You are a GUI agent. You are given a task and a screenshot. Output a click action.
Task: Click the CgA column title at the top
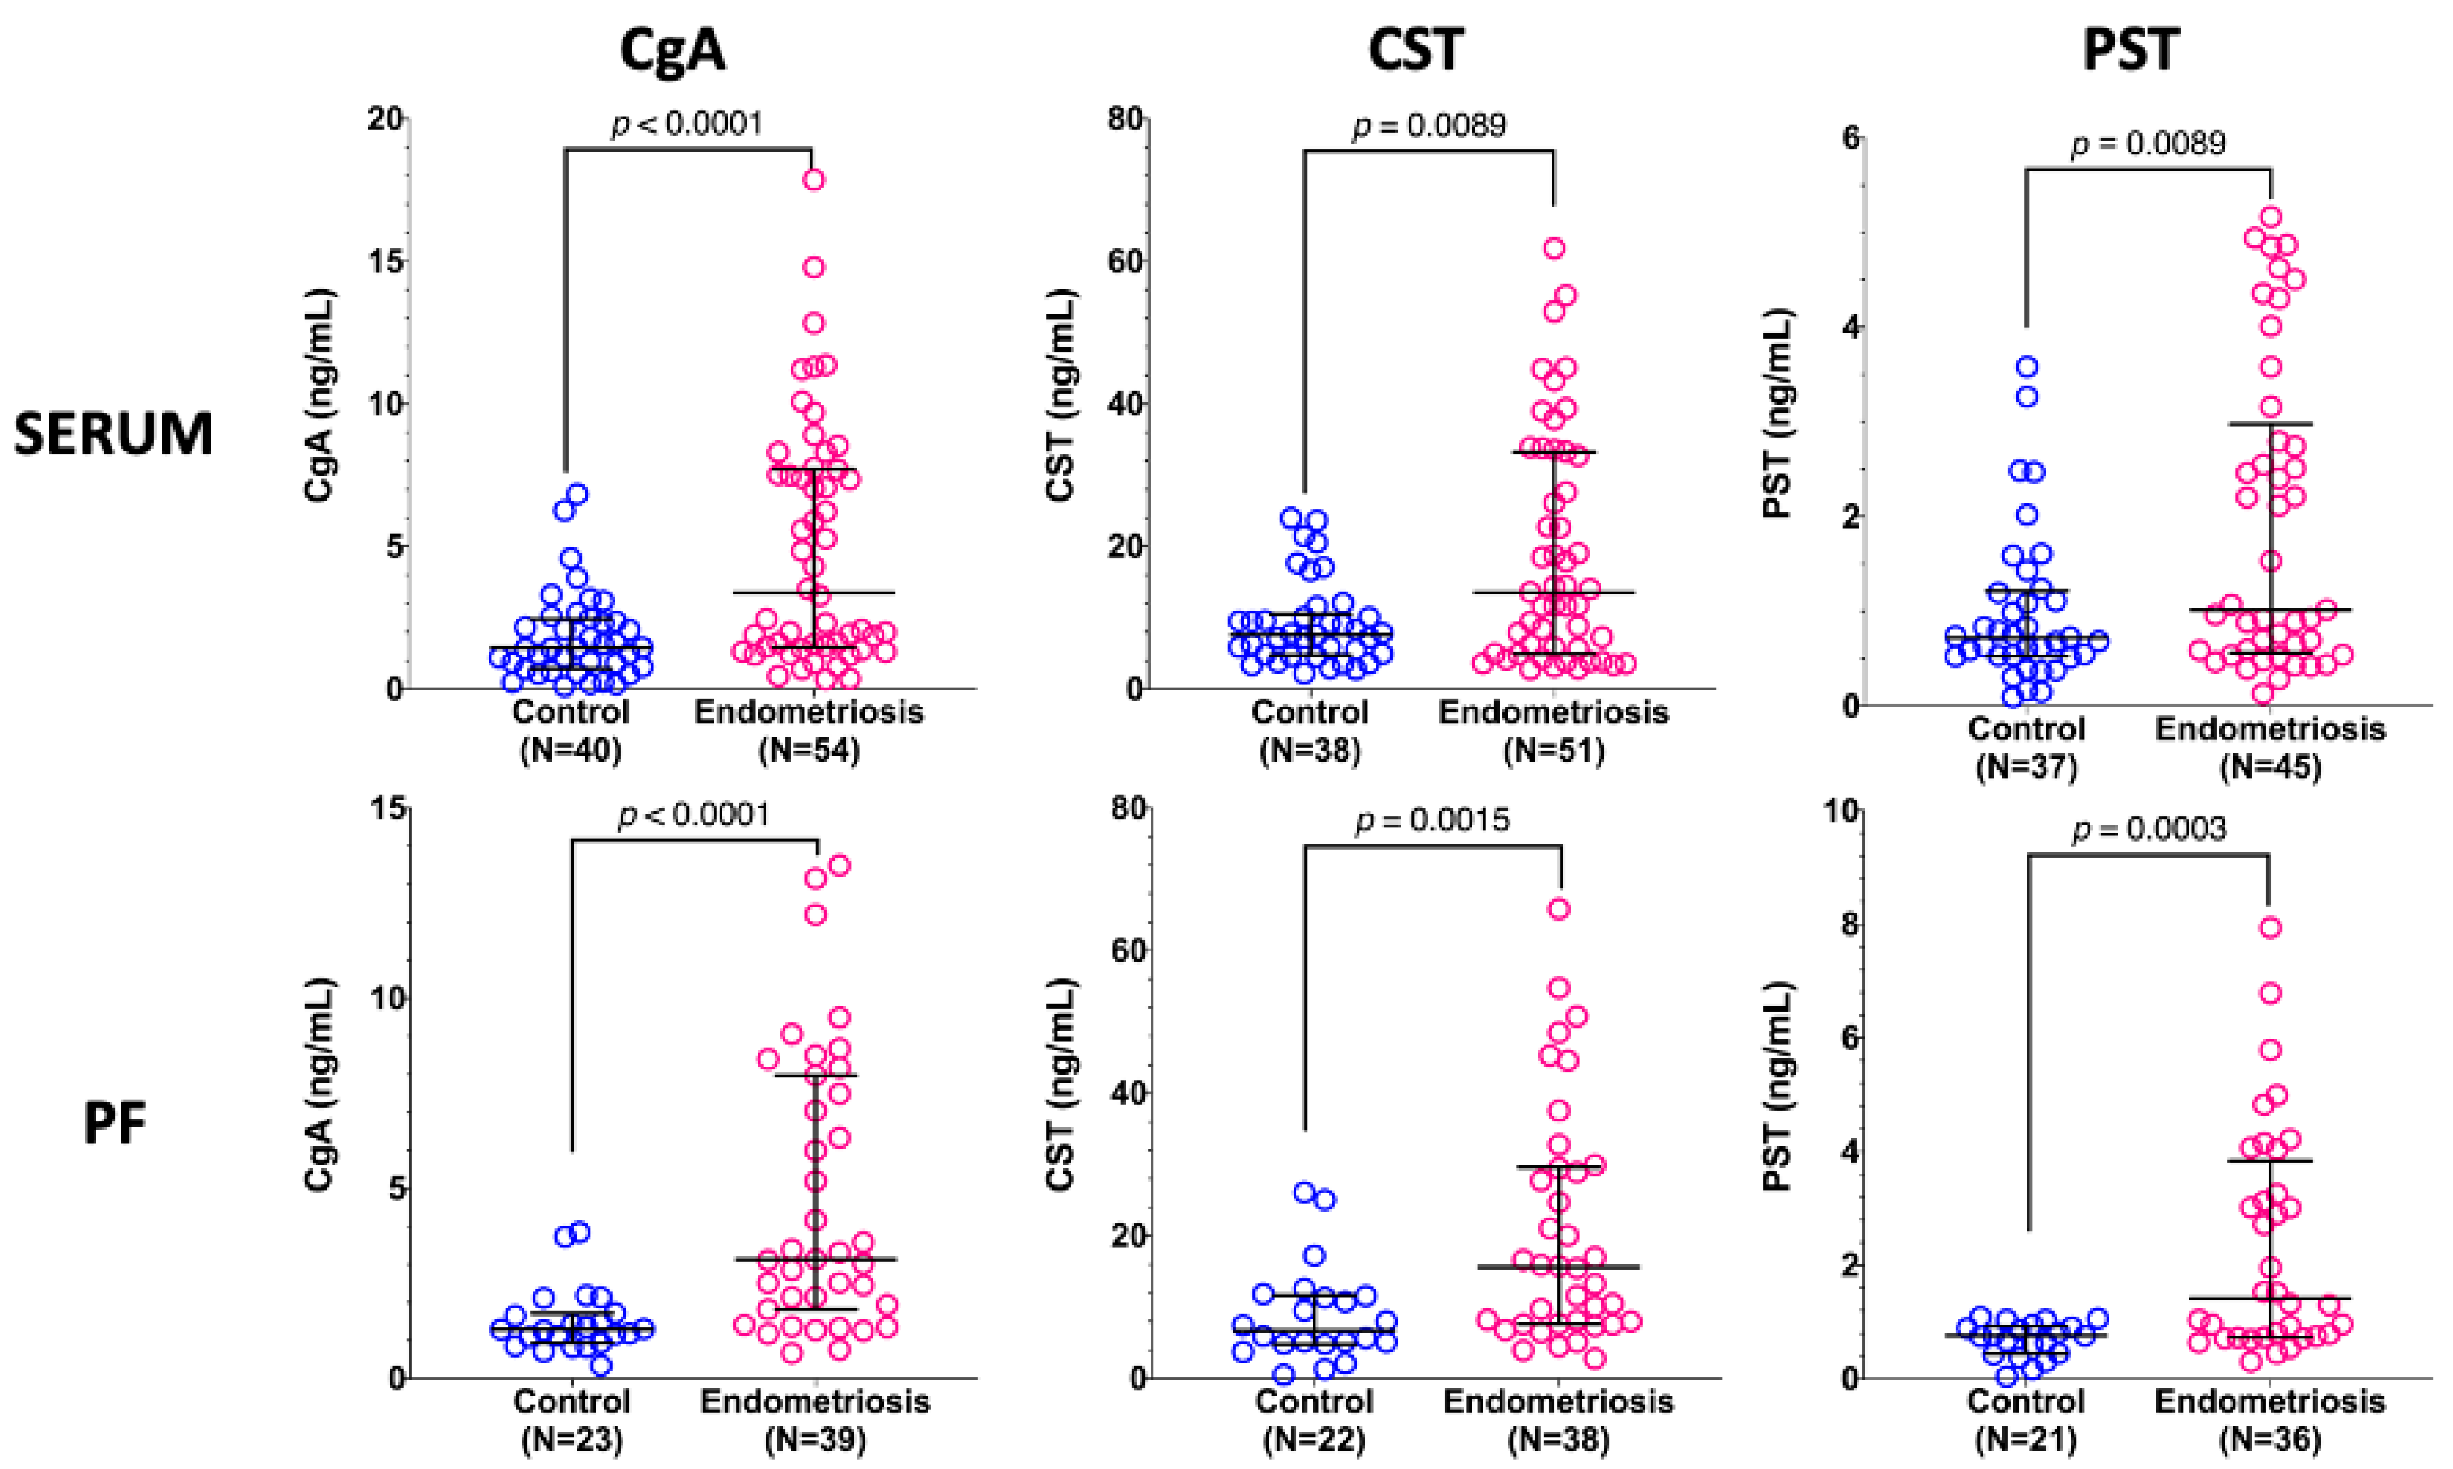672,49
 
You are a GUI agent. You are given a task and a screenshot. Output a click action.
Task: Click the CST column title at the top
1415,49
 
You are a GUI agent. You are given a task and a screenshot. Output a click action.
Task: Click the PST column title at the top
2131,49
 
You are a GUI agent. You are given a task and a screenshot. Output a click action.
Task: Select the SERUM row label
114,434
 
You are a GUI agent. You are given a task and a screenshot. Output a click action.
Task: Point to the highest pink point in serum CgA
814,179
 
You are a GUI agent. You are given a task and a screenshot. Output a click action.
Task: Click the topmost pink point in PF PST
2271,928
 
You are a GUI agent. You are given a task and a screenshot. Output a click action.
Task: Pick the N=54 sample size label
809,750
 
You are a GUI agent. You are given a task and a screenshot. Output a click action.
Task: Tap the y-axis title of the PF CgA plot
321,1084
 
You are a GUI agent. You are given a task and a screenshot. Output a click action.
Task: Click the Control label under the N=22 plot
1314,1402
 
